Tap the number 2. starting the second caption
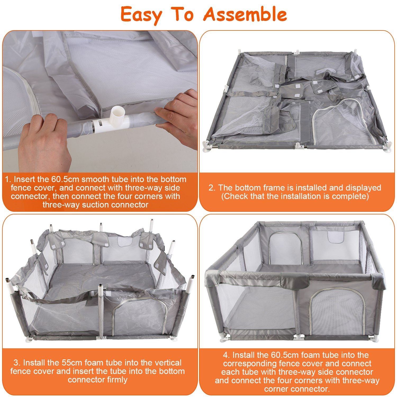coord(212,188)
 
